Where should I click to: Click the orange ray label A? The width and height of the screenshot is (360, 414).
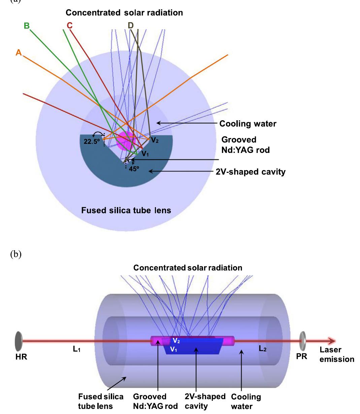click(19, 52)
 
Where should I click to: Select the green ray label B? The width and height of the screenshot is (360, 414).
click(27, 26)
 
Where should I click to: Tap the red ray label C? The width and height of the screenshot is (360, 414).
click(69, 26)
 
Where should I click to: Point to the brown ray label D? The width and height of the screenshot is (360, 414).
click(131, 26)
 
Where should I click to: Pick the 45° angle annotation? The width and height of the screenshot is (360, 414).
click(134, 169)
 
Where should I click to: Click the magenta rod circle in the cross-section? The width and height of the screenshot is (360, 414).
click(125, 140)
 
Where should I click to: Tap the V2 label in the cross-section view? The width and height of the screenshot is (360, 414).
click(155, 140)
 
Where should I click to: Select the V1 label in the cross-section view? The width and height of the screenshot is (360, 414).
click(145, 154)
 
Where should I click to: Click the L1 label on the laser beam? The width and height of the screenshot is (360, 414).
click(77, 349)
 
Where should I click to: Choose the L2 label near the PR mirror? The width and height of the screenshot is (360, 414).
click(263, 349)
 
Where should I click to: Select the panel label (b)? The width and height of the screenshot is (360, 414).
click(15, 254)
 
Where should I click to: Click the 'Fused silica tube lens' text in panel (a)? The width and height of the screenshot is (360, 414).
click(126, 211)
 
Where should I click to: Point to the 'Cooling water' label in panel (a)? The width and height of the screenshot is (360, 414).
click(248, 124)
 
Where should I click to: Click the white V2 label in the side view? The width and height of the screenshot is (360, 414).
click(176, 341)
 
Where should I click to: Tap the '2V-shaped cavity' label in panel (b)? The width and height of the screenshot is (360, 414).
click(205, 401)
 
